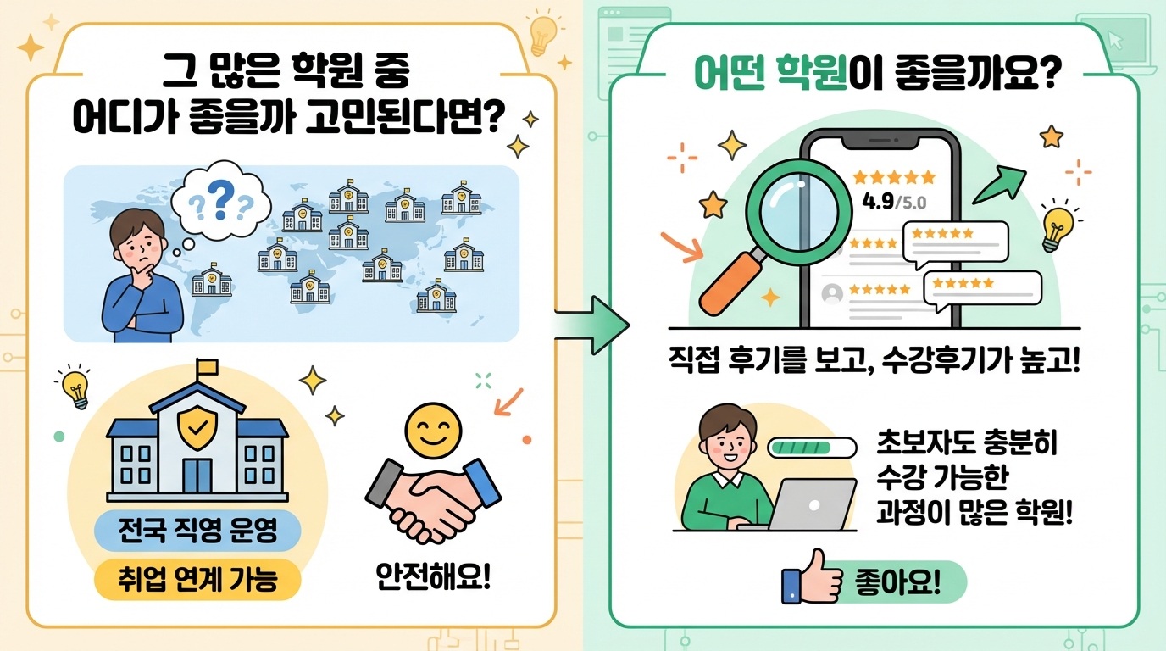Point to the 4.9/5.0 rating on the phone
[x=893, y=203]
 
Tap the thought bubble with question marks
[x=221, y=202]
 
